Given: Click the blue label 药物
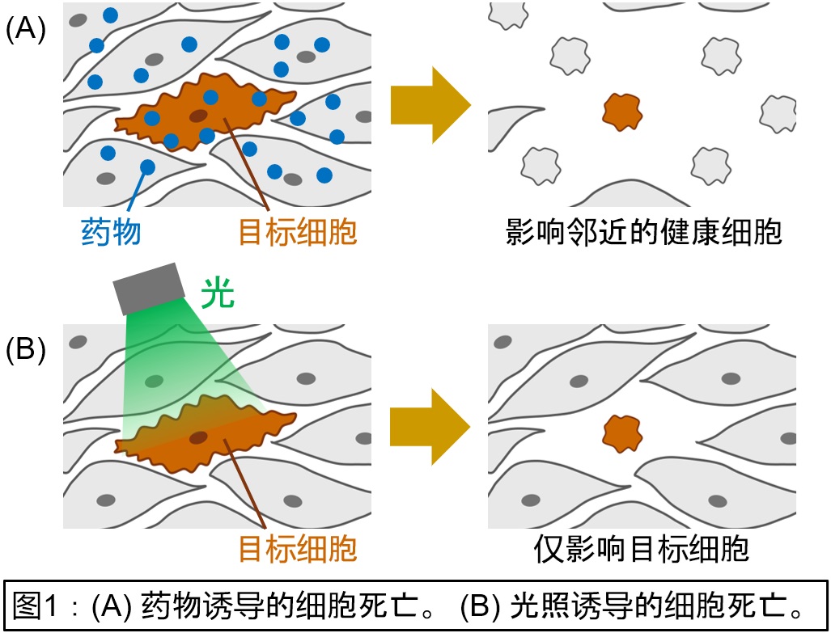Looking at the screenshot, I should click(x=111, y=232).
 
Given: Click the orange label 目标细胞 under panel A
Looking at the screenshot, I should click(x=297, y=232).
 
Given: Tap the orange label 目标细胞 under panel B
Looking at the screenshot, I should click(x=297, y=549).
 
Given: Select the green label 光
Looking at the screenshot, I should click(x=218, y=295).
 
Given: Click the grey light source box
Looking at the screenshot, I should click(x=150, y=288).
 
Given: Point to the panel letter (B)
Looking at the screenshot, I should click(x=26, y=350).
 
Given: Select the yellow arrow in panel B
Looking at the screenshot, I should click(x=430, y=425).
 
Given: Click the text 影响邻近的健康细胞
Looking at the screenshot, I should click(x=644, y=232).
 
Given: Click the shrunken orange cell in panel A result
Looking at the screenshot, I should click(x=621, y=112).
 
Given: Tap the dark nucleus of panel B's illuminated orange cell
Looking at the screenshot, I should click(x=198, y=437).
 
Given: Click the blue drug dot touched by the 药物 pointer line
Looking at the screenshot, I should click(x=147, y=167).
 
